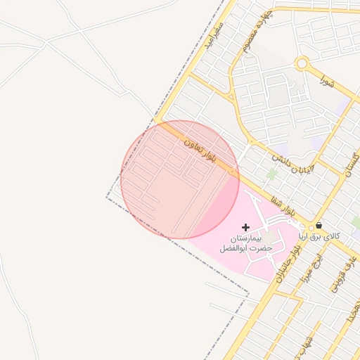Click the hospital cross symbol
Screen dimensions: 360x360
pos(245,227)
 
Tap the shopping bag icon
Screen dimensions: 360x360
pos(319,226)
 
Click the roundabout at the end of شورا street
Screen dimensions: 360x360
pos(302,64)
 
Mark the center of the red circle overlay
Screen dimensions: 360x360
pos(180,179)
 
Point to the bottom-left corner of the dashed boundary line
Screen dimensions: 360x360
pos(107,197)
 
